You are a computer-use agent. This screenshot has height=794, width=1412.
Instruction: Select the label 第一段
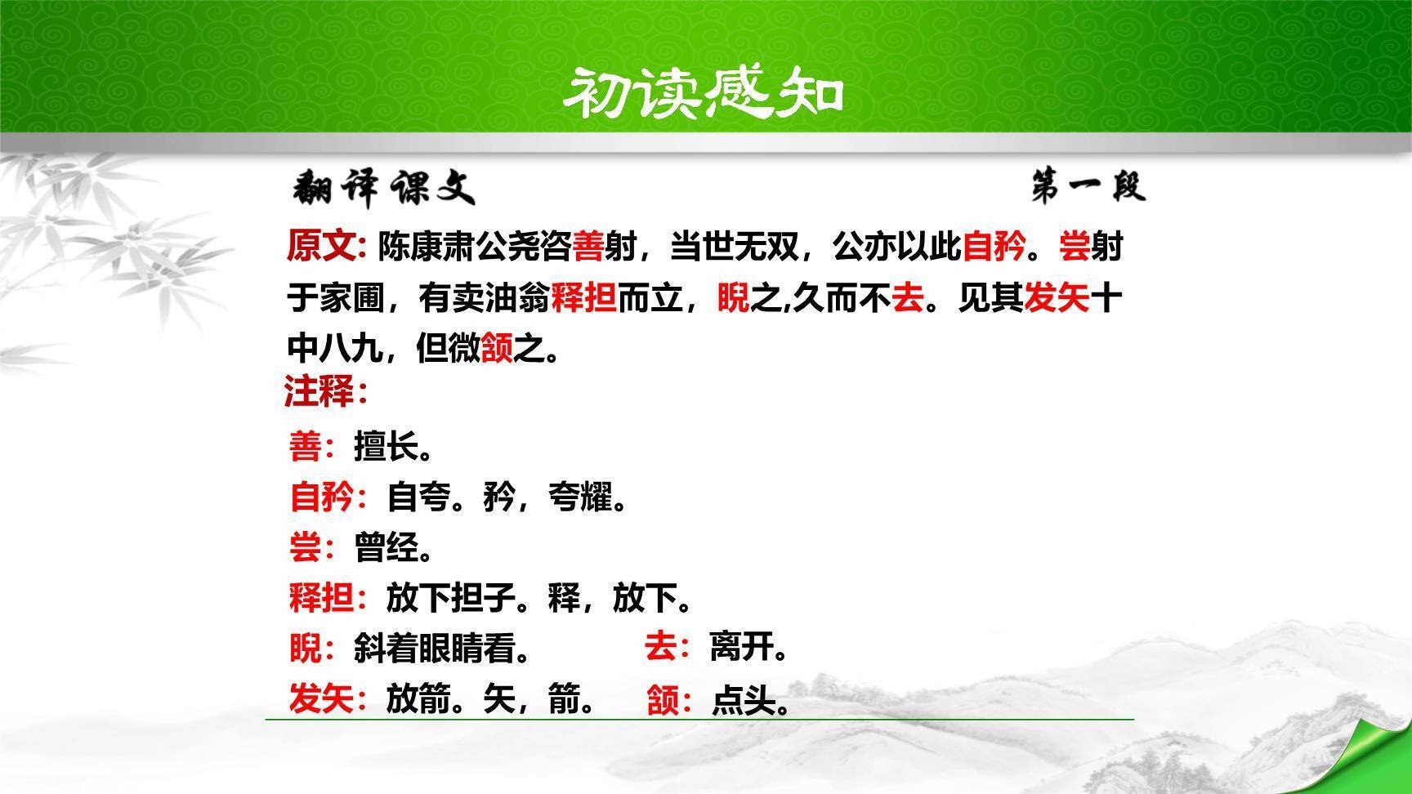click(1088, 187)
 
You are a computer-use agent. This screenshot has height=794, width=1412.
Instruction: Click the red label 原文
click(323, 246)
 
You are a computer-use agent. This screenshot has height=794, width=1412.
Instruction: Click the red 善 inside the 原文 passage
click(588, 246)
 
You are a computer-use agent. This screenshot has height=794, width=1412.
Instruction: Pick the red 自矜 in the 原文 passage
click(994, 246)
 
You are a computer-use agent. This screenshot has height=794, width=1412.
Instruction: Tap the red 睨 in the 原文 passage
click(732, 299)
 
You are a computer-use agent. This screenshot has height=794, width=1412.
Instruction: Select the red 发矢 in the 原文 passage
click(1057, 299)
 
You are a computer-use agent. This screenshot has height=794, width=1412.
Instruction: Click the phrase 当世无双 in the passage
click(734, 246)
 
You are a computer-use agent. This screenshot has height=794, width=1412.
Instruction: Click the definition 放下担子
click(450, 599)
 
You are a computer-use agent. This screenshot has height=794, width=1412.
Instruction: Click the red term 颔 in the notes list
click(663, 700)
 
